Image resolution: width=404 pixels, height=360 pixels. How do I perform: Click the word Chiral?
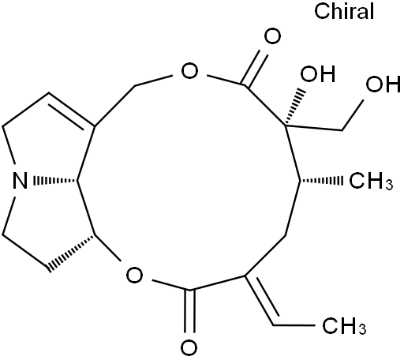(344, 11)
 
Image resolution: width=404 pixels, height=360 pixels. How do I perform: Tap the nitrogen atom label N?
(20, 181)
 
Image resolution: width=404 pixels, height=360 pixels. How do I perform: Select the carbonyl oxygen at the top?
(272, 37)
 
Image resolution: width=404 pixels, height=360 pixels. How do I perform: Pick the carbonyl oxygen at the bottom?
(189, 347)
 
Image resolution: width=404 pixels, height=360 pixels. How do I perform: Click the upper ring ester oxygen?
(189, 71)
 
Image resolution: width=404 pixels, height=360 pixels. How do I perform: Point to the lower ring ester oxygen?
(134, 276)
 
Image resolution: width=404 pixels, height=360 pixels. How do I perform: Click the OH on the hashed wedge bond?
(318, 73)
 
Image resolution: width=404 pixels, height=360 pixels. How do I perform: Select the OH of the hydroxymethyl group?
(383, 84)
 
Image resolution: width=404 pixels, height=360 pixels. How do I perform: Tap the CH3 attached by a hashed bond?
(371, 181)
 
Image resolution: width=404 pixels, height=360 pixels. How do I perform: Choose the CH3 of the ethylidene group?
(344, 326)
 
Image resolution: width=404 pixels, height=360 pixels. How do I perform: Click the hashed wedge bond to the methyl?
(321, 181)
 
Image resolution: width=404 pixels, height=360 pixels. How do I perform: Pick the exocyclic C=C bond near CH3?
(262, 300)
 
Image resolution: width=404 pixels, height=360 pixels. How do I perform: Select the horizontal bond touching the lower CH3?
(294, 325)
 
